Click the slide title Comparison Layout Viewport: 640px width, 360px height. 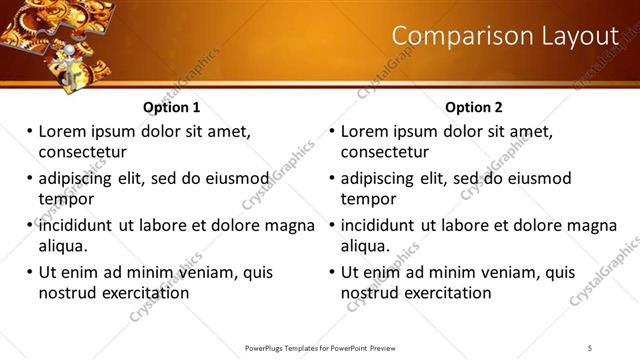(x=505, y=36)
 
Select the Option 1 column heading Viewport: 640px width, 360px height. (x=171, y=107)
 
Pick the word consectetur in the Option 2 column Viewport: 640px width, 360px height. (x=385, y=152)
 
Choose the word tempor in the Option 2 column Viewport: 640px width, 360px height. (x=369, y=199)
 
